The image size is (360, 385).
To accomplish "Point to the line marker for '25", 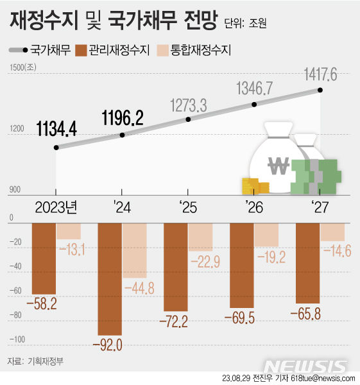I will click(x=188, y=119).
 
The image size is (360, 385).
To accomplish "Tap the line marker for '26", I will click(x=254, y=104).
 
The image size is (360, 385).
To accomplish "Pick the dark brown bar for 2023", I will click(x=44, y=257).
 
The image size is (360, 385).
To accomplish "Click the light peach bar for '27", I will click(x=332, y=231).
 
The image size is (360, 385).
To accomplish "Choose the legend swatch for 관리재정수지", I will click(x=81, y=49).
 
